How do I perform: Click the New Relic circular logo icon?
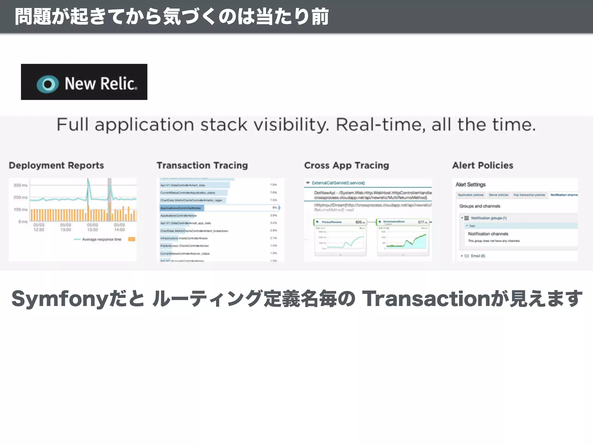[48, 84]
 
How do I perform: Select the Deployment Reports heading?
[56, 165]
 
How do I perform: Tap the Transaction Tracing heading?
[202, 165]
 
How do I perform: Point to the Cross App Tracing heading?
[347, 165]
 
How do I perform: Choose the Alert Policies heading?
[483, 165]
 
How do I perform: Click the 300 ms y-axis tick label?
[20, 185]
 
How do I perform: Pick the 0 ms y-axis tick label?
[23, 222]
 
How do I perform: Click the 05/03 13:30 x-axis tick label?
[92, 227]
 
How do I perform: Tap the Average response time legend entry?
[101, 239]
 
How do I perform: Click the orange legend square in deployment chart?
[132, 239]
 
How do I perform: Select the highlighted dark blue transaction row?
[182, 208]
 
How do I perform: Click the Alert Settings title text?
[471, 185]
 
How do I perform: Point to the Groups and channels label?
[479, 206]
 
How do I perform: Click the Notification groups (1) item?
[488, 218]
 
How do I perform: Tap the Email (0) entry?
[477, 256]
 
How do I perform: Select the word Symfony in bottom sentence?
[60, 299]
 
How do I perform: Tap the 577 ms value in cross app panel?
[422, 222]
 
